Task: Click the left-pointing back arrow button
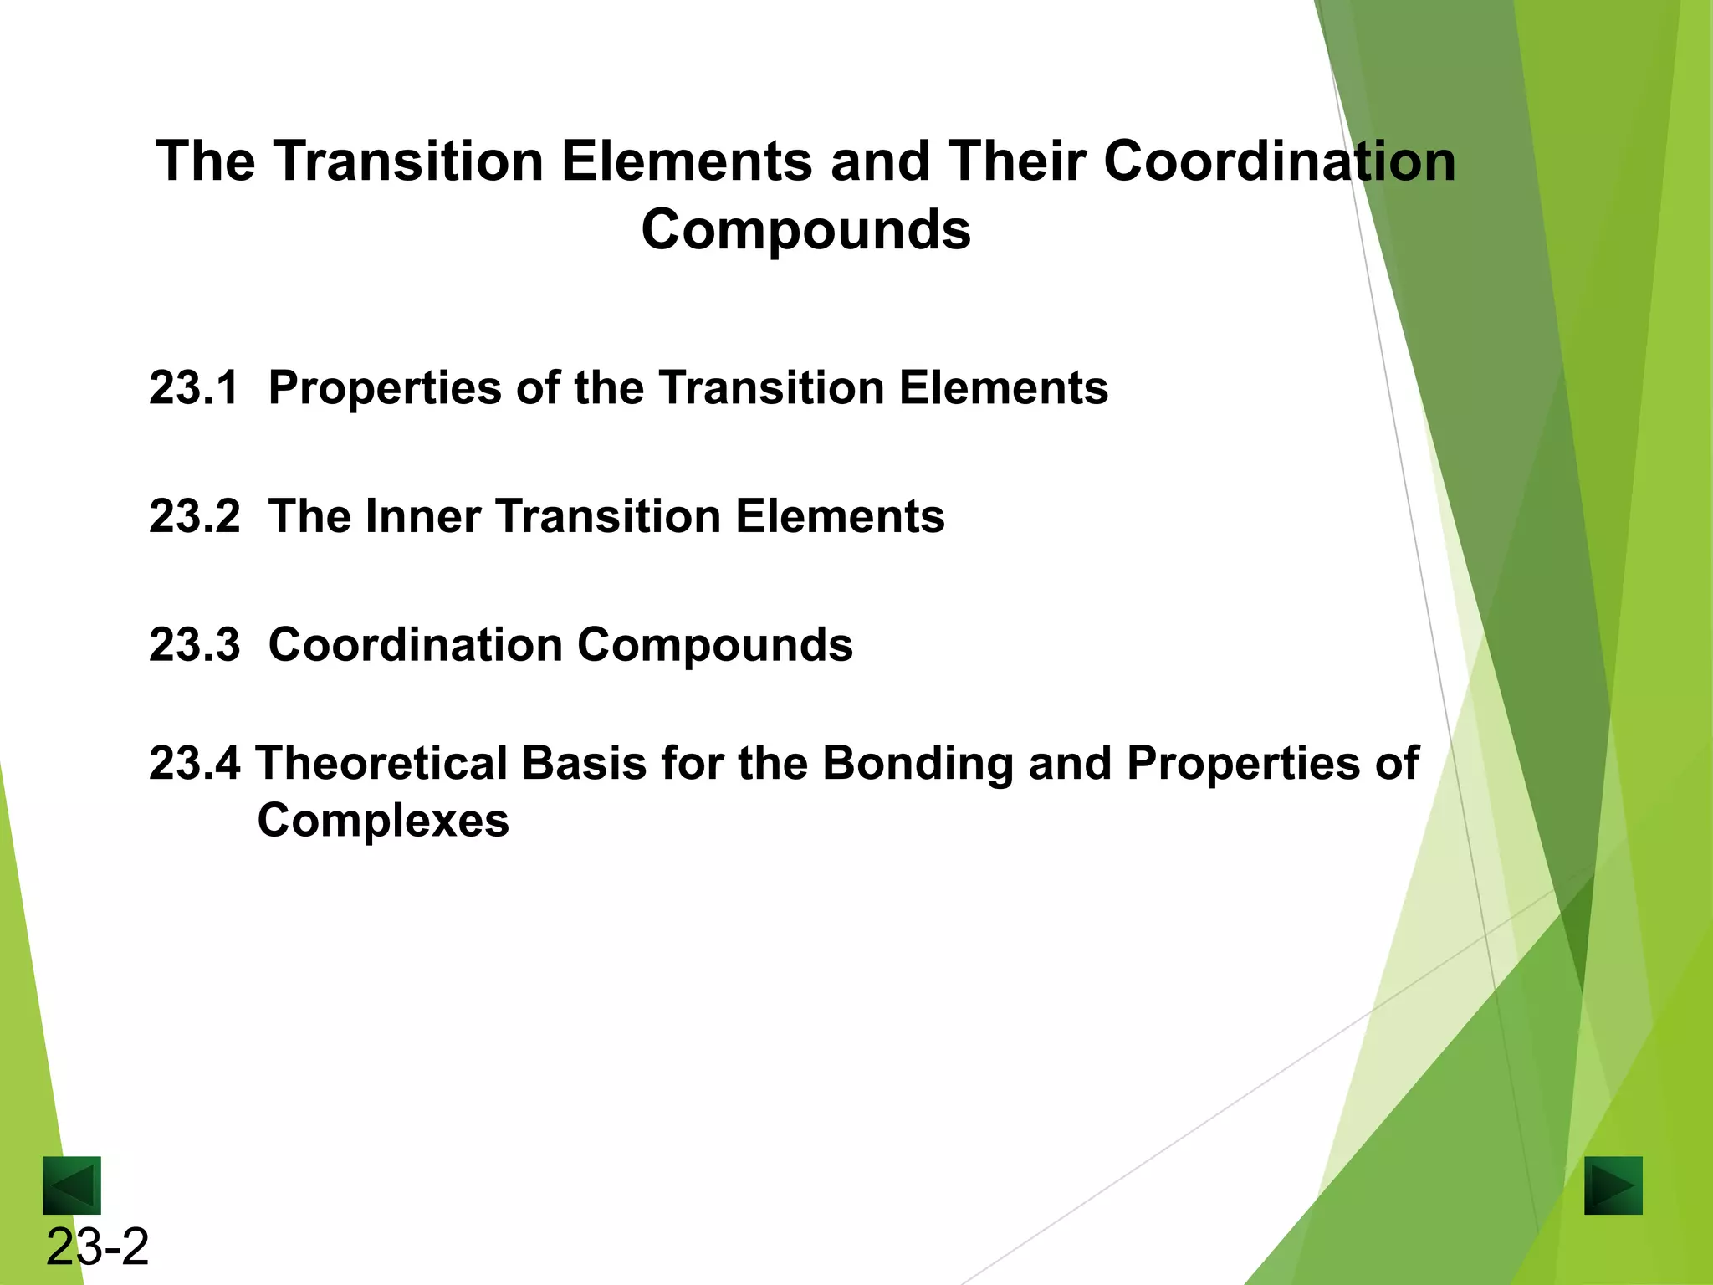click(x=72, y=1185)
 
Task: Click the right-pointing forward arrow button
click(x=1613, y=1185)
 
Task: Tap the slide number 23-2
click(x=97, y=1247)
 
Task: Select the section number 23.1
click(x=194, y=388)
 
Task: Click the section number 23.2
click(x=194, y=516)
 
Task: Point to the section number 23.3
click(x=194, y=645)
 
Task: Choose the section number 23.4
click(x=194, y=764)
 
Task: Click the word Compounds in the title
click(x=805, y=229)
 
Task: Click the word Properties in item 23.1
click(x=384, y=390)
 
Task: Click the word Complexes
click(x=383, y=821)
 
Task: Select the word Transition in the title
click(x=409, y=161)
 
